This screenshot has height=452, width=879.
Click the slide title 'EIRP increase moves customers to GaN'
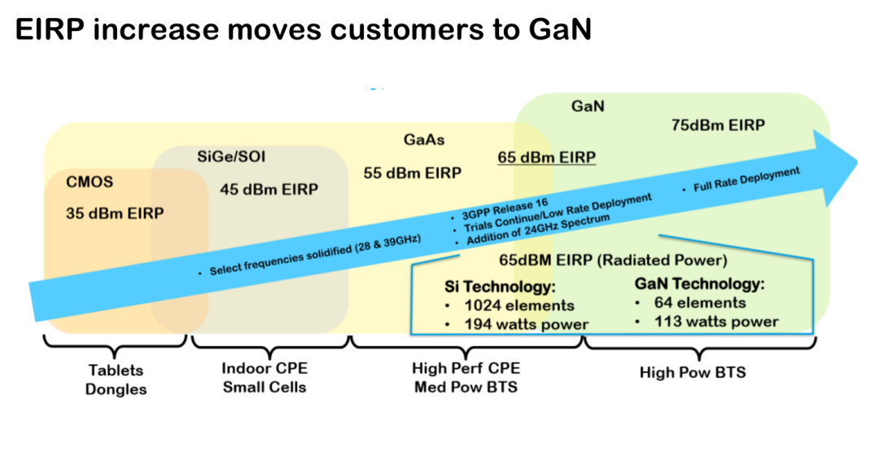(x=303, y=29)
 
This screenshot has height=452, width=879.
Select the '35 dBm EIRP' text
(x=115, y=213)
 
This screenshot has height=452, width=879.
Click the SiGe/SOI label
(x=231, y=156)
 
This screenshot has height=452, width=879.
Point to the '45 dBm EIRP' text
(x=269, y=189)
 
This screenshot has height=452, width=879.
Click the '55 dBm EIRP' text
(x=412, y=173)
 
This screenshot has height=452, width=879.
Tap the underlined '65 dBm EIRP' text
(x=546, y=157)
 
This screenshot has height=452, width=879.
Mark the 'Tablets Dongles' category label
(x=116, y=380)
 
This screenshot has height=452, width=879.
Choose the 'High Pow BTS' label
(x=693, y=372)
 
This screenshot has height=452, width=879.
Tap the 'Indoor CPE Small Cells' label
(x=265, y=377)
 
